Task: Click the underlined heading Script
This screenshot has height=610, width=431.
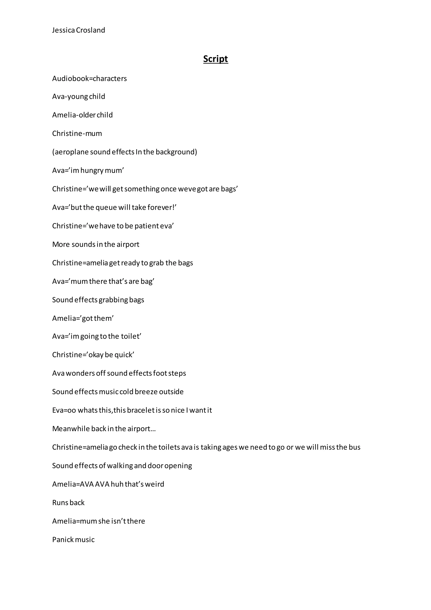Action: tap(215, 59)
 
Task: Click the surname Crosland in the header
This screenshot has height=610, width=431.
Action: tap(90, 30)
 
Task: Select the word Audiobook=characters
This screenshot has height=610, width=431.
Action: tap(89, 79)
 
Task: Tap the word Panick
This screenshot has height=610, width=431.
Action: tap(63, 540)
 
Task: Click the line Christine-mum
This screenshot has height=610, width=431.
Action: tap(77, 133)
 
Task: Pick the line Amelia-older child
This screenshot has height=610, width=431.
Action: tap(82, 115)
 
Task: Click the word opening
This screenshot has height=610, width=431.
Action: tap(178, 466)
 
